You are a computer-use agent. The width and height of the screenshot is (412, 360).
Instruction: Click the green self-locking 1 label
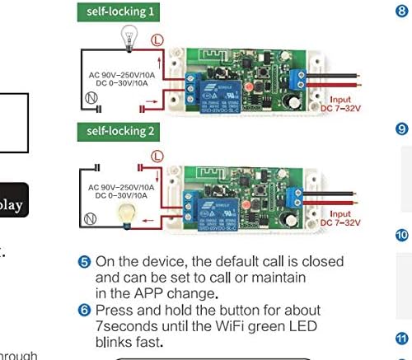[119, 12]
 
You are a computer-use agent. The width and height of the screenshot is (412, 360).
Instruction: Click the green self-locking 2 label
[119, 130]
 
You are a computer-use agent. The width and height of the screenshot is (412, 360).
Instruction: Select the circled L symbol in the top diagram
[157, 40]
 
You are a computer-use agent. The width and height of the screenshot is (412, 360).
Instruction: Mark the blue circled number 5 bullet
[85, 262]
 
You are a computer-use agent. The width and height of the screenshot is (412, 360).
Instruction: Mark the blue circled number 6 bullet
[85, 311]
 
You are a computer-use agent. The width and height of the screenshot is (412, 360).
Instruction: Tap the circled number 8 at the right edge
[403, 12]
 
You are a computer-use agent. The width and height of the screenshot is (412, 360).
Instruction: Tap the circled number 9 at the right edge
[403, 129]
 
